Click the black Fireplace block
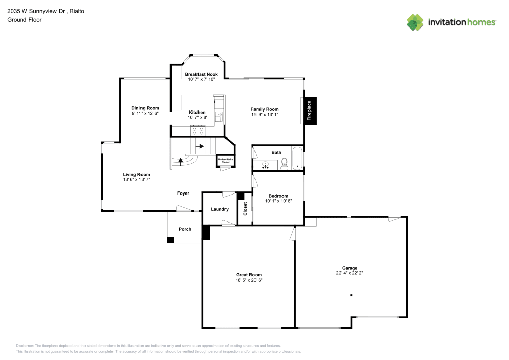[x=310, y=110]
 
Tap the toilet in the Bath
[x=285, y=163]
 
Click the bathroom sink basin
[x=265, y=165]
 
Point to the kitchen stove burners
[x=197, y=130]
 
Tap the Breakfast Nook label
[x=201, y=74]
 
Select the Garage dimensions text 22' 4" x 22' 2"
[x=349, y=273]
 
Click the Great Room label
[x=249, y=275]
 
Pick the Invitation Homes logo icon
[x=415, y=22]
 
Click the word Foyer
[x=183, y=193]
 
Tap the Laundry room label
[x=220, y=209]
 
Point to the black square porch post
[x=171, y=239]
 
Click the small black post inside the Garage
[x=351, y=295]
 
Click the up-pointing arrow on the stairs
[x=180, y=161]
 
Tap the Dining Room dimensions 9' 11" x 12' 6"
[x=145, y=113]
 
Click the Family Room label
[x=265, y=109]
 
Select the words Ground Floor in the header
[x=24, y=20]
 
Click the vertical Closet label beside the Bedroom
[x=245, y=209]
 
